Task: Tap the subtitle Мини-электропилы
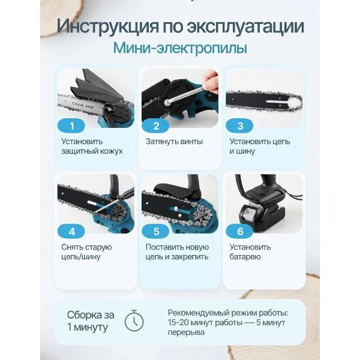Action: pos(180,49)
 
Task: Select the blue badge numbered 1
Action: pos(73,125)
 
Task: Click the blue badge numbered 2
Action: pos(157,125)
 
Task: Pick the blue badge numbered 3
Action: pos(240,125)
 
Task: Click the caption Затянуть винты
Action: pos(174,142)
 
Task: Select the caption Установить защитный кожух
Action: pos(91,146)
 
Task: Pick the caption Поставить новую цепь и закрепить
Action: pos(177,251)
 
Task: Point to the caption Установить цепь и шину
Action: pos(259,146)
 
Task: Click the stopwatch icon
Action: pos(134,322)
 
